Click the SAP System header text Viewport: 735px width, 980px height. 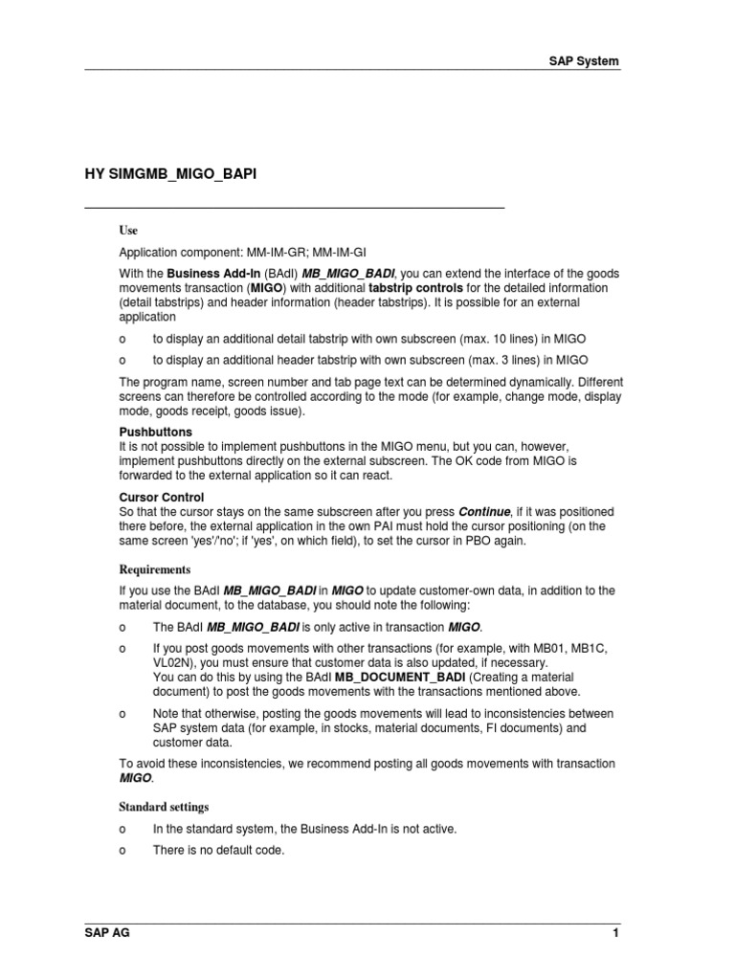tap(584, 61)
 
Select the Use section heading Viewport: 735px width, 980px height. tap(128, 231)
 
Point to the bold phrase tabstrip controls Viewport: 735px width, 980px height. tap(416, 287)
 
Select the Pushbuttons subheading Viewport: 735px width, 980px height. tap(155, 433)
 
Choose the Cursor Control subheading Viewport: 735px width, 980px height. tap(161, 498)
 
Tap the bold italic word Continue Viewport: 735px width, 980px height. tap(484, 512)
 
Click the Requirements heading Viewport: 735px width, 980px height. tap(155, 569)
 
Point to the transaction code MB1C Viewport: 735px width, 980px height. tap(586, 648)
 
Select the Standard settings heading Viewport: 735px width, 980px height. tap(164, 807)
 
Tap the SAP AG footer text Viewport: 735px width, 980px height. tap(106, 933)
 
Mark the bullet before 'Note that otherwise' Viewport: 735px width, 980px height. tap(122, 714)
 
